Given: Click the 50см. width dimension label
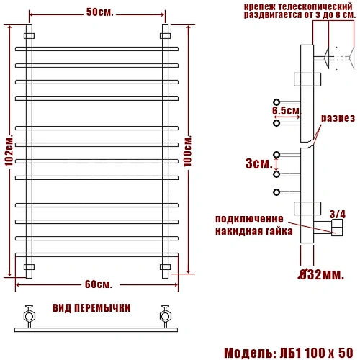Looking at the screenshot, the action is point(99,12).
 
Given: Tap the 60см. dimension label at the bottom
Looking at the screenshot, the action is point(99,284).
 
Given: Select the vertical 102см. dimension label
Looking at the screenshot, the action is point(9,152).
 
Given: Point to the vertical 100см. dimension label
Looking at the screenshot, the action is point(188,151).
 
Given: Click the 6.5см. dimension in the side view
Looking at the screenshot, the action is point(287,111).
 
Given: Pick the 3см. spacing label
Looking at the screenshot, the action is point(259,163).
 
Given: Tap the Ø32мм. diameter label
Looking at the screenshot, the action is point(321,274).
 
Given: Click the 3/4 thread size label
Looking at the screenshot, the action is point(338,215).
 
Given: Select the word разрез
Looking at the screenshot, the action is point(338,118).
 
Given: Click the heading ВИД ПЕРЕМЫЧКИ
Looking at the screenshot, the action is point(91,308).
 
